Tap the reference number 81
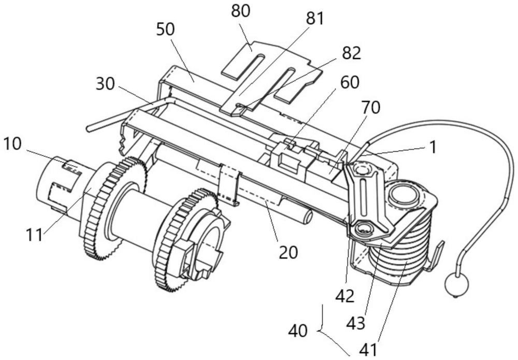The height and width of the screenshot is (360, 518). tap(314, 19)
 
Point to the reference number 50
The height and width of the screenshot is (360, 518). tap(165, 30)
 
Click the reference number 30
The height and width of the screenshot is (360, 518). tap(105, 84)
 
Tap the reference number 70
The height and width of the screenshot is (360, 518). tap(371, 107)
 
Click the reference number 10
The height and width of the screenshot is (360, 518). tap(12, 144)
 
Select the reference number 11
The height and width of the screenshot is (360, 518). tap(34, 236)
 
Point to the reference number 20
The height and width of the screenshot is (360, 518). tap(288, 253)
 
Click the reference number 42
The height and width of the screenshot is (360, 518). tap(344, 296)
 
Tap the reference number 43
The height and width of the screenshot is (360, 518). tap(355, 323)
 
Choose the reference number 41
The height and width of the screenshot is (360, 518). tap(368, 350)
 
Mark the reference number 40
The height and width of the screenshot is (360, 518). tap(298, 330)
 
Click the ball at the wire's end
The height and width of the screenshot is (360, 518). tap(457, 284)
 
